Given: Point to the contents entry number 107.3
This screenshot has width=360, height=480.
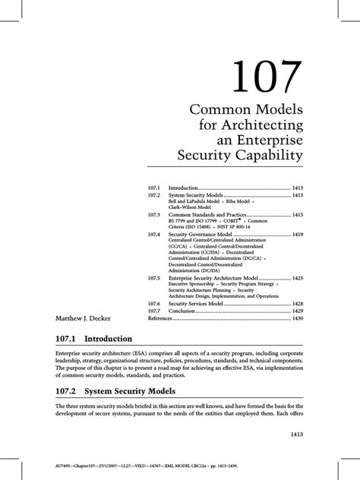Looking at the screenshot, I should coord(155,215).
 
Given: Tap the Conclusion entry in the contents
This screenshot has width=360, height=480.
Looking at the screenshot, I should coord(186,311).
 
